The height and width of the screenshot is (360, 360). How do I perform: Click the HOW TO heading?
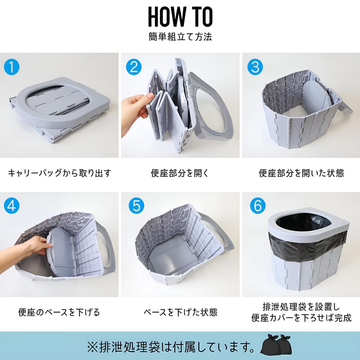180,17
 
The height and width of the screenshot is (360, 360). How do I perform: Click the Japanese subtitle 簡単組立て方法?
180,37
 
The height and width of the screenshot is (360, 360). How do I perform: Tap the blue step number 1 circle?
11,67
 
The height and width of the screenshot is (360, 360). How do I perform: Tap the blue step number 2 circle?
134,67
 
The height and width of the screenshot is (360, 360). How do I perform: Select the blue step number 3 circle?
255,67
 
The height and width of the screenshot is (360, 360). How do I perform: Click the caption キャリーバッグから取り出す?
59,173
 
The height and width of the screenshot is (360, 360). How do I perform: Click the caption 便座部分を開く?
180,173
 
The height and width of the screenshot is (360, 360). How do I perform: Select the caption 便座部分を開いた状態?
301,173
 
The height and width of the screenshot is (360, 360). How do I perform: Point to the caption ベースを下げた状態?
180,312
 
